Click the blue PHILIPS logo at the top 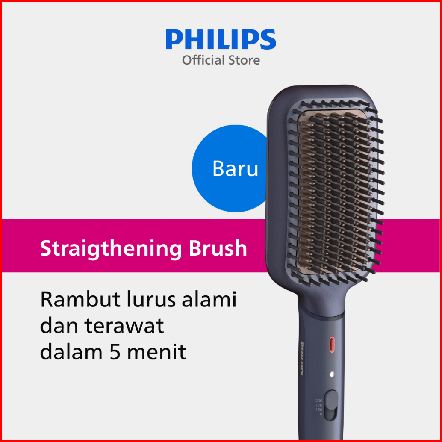(221, 39)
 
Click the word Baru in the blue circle (235, 168)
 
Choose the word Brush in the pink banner (218, 248)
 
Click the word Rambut (80, 299)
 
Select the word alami (209, 299)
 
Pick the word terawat (124, 326)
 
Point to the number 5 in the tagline (115, 352)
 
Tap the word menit (156, 352)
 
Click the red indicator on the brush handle (332, 344)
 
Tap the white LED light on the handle (332, 374)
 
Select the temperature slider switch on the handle (331, 405)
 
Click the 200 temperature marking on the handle (318, 401)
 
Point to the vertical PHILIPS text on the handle (302, 358)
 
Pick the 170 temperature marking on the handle (319, 405)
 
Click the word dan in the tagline (59, 326)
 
